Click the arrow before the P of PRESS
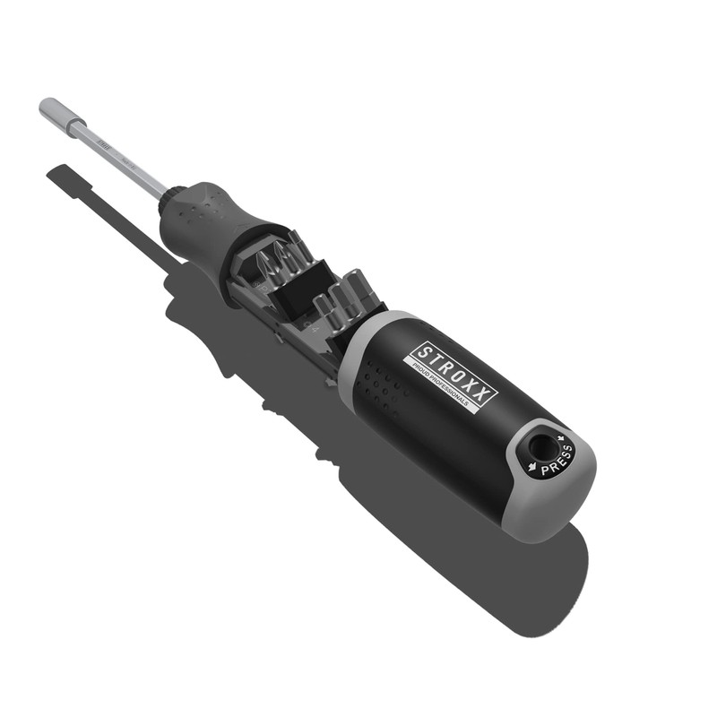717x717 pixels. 532,467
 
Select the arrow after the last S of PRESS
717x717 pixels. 562,438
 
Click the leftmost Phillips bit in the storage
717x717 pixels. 264,263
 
